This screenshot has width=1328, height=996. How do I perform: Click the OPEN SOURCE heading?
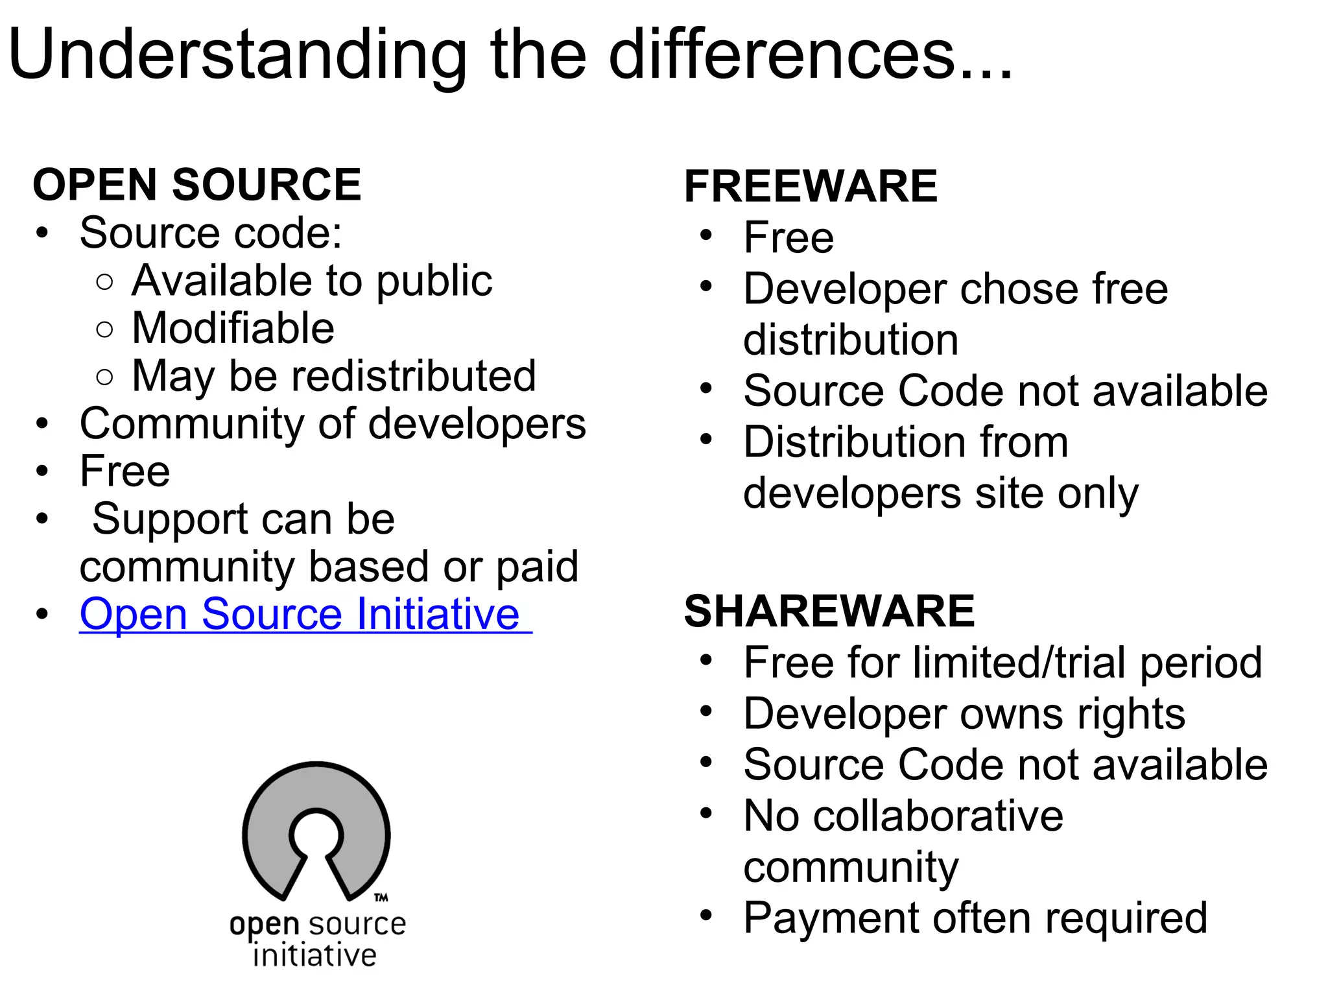[x=196, y=185]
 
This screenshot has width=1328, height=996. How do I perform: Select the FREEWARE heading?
[x=811, y=187]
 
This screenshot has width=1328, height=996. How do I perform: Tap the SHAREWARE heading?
[x=829, y=611]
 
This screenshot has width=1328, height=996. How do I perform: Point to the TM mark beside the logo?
[x=381, y=897]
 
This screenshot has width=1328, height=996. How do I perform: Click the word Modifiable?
[x=233, y=328]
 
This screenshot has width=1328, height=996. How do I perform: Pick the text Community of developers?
[x=333, y=424]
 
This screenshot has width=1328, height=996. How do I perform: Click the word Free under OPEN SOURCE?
[x=124, y=471]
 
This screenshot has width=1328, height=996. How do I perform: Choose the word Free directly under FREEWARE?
[x=788, y=238]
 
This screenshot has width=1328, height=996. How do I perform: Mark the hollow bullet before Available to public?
[x=104, y=282]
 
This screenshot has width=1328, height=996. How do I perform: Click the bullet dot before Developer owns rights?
[x=706, y=712]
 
